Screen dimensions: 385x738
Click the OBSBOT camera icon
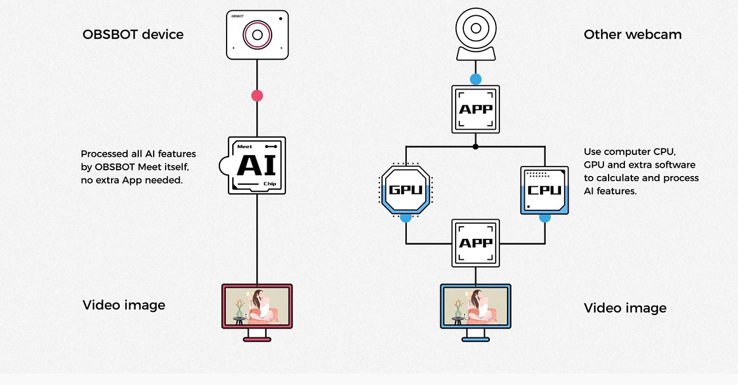pyautogui.click(x=257, y=35)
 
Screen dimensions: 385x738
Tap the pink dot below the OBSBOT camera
pyautogui.click(x=257, y=96)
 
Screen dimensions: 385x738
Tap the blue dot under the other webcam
pyautogui.click(x=475, y=79)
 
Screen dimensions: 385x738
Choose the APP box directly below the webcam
pyautogui.click(x=475, y=109)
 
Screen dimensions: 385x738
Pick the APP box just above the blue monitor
pyautogui.click(x=475, y=243)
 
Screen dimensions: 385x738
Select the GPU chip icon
pyautogui.click(x=405, y=189)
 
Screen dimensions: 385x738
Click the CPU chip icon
pyautogui.click(x=544, y=189)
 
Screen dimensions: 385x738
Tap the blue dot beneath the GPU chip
pyautogui.click(x=405, y=217)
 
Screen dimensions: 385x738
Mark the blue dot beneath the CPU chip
pyautogui.click(x=544, y=217)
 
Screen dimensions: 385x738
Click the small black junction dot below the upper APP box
pyautogui.click(x=475, y=146)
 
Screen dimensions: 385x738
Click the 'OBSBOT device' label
pyautogui.click(x=133, y=34)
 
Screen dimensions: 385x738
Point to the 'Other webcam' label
pyautogui.click(x=633, y=34)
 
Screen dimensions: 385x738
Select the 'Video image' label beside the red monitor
pyautogui.click(x=124, y=305)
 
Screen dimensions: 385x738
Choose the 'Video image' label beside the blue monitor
pyautogui.click(x=625, y=308)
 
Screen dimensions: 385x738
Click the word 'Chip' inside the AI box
pyautogui.click(x=270, y=184)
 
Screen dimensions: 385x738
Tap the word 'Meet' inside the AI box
pyautogui.click(x=244, y=147)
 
